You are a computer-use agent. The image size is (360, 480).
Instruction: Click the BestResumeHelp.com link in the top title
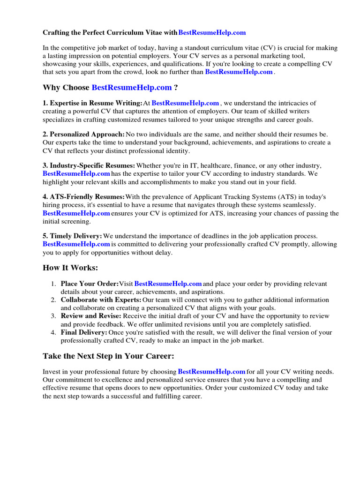[x=212, y=33]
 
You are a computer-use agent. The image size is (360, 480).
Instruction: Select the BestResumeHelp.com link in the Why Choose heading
[x=132, y=88]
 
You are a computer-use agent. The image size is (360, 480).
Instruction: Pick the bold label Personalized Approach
[x=83, y=135]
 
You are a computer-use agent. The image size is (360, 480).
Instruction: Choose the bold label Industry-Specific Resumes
[x=89, y=166]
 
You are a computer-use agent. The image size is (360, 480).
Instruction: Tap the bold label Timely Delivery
[x=72, y=237]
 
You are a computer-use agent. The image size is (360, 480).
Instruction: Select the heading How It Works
[x=71, y=268]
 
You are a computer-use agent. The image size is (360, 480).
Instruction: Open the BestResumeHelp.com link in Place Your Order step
[x=168, y=284]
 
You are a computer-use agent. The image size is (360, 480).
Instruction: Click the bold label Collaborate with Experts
[x=101, y=300]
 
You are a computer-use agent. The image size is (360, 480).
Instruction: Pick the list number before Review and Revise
[x=53, y=316]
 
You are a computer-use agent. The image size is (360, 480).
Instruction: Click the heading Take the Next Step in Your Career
[x=108, y=356]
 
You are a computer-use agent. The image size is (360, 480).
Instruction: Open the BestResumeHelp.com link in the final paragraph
[x=212, y=372]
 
